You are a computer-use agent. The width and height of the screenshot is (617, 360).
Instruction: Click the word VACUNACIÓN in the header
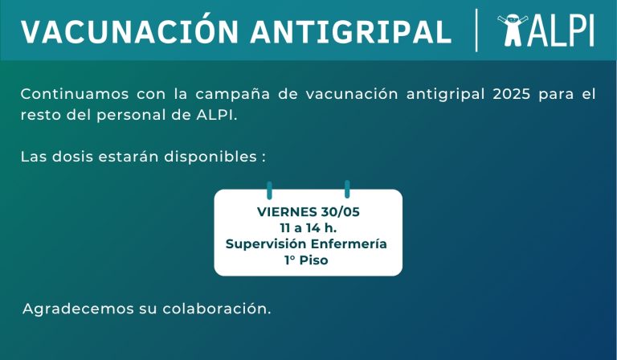click(x=129, y=30)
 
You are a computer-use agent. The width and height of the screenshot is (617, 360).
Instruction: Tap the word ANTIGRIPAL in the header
click(x=350, y=31)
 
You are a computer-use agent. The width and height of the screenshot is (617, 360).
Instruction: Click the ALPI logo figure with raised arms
click(x=512, y=30)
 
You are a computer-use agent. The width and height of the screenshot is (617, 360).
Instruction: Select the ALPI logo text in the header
click(x=561, y=31)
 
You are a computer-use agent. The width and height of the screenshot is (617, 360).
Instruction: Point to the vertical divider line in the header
click(x=476, y=31)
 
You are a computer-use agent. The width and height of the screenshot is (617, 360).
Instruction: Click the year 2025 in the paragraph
click(x=512, y=95)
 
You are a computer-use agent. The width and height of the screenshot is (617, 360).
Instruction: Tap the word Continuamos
click(x=75, y=95)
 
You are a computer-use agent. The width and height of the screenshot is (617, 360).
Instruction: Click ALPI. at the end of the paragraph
click(x=217, y=115)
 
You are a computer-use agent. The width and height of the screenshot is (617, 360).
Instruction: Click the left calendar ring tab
click(x=270, y=190)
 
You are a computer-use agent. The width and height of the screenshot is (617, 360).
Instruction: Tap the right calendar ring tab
click(x=347, y=190)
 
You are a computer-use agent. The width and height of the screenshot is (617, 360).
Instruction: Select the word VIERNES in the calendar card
click(x=288, y=211)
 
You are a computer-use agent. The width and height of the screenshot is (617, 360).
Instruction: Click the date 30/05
click(x=340, y=211)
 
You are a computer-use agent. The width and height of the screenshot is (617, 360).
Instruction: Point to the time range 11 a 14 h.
click(x=308, y=227)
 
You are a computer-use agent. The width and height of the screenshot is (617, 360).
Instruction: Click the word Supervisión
click(x=266, y=244)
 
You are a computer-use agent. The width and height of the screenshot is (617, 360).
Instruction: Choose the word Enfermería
click(x=349, y=244)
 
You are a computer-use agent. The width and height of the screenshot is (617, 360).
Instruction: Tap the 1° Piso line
click(x=306, y=260)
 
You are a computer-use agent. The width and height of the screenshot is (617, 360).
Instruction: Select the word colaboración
click(x=217, y=309)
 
